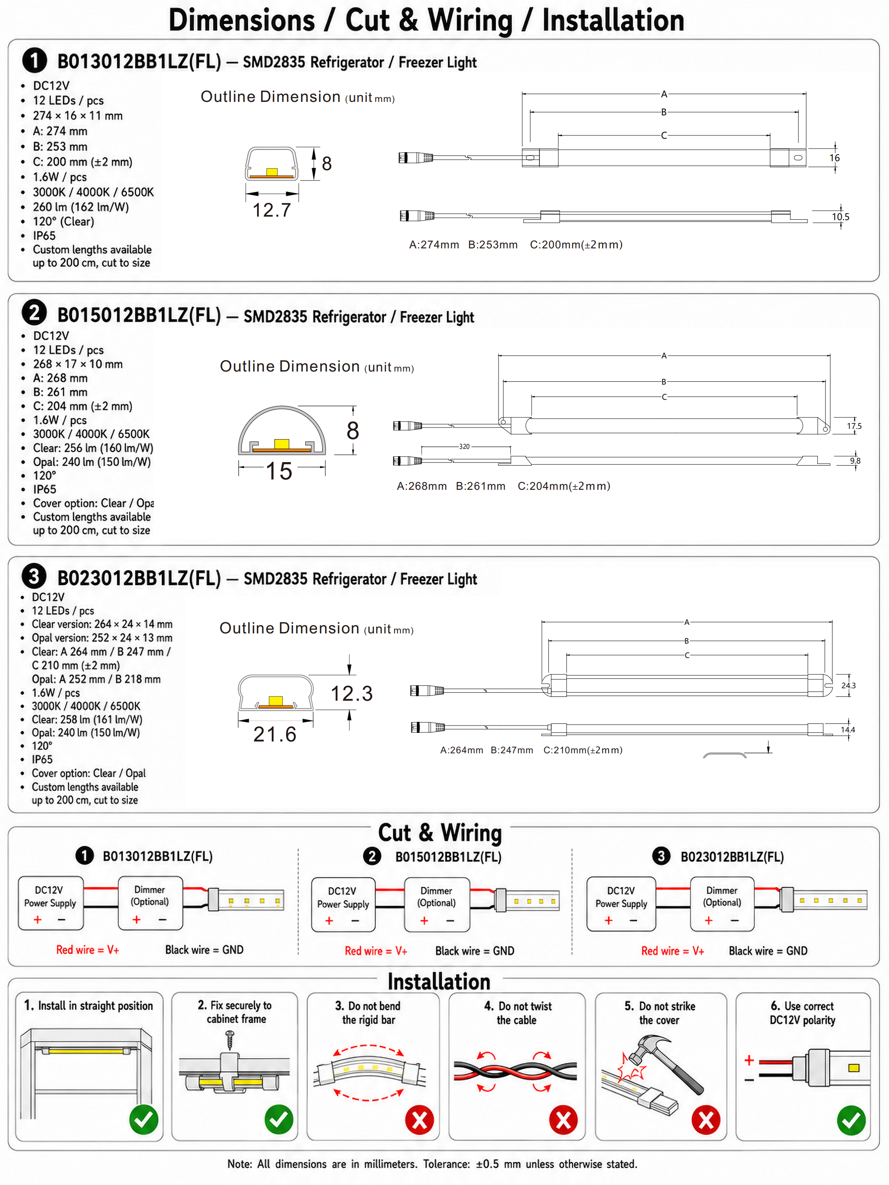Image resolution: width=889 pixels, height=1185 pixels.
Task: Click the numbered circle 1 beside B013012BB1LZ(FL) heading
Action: point(34,61)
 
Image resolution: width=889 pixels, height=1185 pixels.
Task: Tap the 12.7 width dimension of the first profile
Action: point(272,210)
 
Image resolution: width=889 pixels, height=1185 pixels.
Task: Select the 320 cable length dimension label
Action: point(464,446)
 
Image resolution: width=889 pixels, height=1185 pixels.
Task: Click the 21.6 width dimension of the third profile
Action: point(275,734)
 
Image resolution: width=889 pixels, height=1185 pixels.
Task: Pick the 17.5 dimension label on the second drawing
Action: point(854,426)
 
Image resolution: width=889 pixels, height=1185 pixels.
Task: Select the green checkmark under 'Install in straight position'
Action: point(144,1119)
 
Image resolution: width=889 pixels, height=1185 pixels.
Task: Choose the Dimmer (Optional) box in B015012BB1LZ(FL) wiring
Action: point(437,904)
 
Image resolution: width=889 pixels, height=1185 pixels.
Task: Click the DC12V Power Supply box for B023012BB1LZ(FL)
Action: point(621,904)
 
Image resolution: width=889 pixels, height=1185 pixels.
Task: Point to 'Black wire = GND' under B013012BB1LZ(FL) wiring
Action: point(204,950)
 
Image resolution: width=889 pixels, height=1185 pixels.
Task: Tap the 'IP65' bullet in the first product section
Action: point(44,236)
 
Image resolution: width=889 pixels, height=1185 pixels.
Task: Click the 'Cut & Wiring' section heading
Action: point(440,833)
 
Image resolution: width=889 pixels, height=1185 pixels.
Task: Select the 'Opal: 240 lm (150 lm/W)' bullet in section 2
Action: point(92,462)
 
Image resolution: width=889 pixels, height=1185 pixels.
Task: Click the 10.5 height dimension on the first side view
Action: point(840,216)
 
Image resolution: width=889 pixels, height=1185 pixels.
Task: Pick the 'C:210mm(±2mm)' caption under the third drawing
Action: point(583,750)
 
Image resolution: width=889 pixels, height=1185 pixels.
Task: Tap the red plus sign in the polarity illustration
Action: point(749,1060)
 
